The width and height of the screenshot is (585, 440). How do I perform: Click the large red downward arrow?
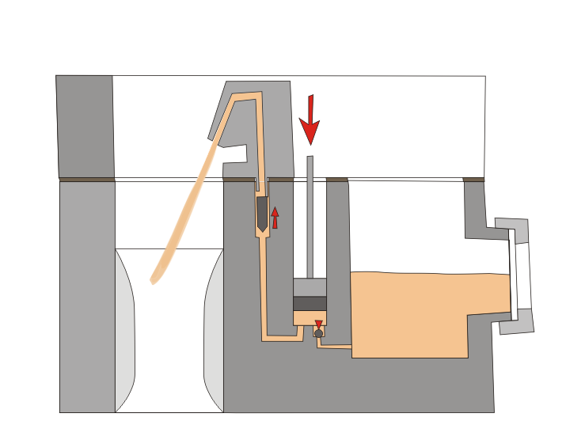(310, 119)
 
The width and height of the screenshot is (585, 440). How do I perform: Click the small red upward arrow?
(275, 217)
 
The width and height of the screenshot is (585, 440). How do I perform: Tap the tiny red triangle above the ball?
(318, 324)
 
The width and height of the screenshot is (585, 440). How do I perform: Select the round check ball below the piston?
(318, 333)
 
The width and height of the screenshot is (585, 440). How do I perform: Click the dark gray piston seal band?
(310, 304)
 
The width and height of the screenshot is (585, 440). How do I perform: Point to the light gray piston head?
(310, 287)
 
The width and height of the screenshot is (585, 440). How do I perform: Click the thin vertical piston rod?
(310, 214)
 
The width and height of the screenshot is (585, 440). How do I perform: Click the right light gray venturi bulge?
(214, 332)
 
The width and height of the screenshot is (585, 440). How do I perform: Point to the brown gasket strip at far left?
(86, 180)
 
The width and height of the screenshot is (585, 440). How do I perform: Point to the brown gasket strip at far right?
(473, 180)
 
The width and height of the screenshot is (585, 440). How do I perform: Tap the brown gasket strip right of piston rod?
(337, 180)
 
